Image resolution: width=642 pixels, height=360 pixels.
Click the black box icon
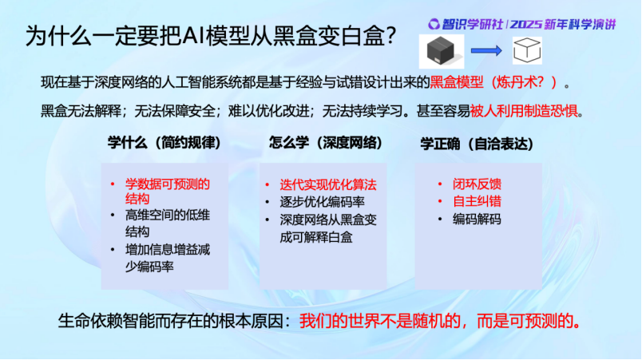tap(441, 51)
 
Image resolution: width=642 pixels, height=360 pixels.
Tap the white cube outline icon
tap(527, 50)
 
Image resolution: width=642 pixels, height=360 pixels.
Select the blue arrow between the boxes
tap(486, 51)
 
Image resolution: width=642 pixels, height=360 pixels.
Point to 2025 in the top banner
tap(525, 25)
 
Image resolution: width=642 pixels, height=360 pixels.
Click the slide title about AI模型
tap(211, 36)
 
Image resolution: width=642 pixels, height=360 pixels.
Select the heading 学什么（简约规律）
tap(164, 143)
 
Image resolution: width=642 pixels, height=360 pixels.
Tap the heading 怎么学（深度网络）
tap(326, 143)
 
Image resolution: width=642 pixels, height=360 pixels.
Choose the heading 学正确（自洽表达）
tap(478, 144)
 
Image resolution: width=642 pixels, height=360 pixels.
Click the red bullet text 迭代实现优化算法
tap(328, 185)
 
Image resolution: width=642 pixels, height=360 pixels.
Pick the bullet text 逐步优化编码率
tap(323, 202)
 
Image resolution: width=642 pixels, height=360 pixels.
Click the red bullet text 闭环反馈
tap(477, 184)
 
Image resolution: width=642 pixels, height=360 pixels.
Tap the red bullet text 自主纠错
tap(477, 201)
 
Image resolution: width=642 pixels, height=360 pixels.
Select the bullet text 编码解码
tap(477, 220)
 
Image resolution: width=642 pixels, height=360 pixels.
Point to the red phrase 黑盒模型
tap(457, 82)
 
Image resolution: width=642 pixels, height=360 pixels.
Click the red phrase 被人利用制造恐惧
tap(524, 110)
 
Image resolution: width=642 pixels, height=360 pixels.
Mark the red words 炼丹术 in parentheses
tap(517, 82)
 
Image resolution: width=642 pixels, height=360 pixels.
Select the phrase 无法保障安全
tap(175, 110)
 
